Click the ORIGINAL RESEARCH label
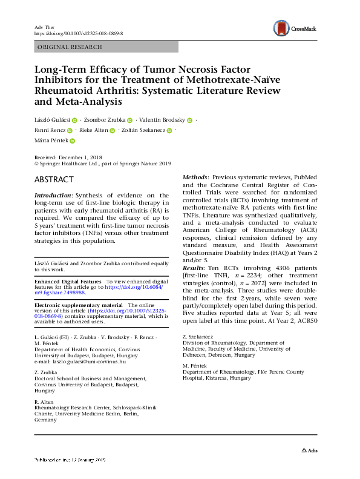[x=70, y=47]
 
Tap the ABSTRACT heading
[x=54, y=180]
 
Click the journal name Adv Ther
[x=44, y=28]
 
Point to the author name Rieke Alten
[x=94, y=130]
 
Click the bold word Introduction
[x=53, y=196]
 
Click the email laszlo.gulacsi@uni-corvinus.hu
[x=91, y=362]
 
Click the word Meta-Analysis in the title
[x=83, y=102]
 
